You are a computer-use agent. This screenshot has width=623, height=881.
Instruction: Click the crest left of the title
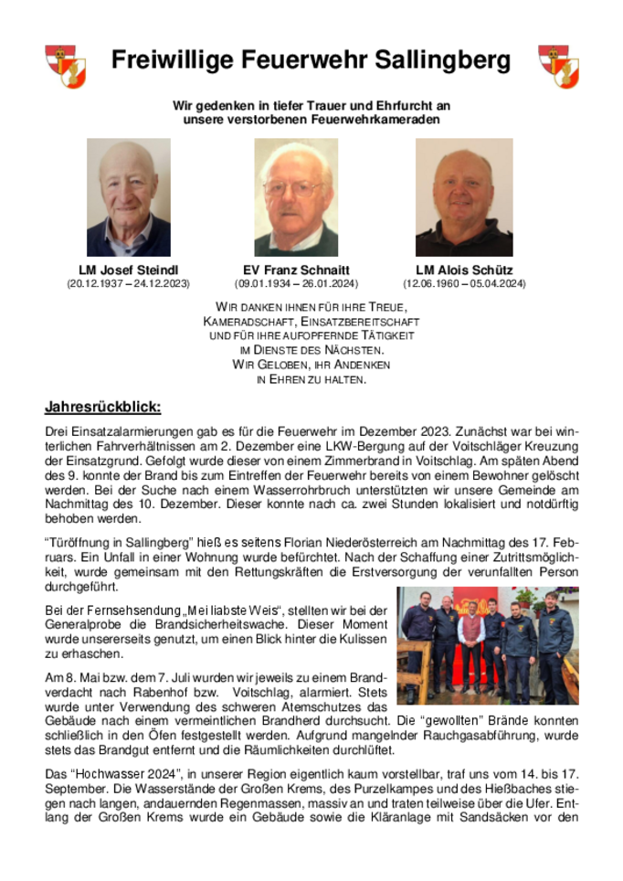[65, 66]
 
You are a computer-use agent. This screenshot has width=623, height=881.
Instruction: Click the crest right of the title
[557, 66]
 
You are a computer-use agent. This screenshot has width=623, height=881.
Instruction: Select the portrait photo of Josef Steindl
[128, 196]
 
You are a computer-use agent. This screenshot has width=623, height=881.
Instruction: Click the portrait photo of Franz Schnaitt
[295, 196]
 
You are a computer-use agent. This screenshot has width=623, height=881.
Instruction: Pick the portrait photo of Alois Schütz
[464, 196]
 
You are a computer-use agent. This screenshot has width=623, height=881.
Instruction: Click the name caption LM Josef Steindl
[128, 271]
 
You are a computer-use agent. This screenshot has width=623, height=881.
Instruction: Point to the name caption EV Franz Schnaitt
[295, 271]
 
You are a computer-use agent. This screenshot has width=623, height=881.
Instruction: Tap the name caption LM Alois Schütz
[464, 271]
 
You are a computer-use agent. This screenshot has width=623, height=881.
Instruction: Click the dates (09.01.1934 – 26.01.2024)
[295, 284]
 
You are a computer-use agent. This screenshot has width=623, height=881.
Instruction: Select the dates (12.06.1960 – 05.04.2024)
[464, 284]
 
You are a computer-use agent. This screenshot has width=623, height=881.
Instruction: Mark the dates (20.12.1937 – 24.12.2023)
[128, 284]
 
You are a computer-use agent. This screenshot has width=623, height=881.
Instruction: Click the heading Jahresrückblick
[102, 408]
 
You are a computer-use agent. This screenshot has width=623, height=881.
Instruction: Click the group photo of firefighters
[487, 645]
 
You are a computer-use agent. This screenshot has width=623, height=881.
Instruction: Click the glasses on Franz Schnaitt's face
[293, 189]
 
